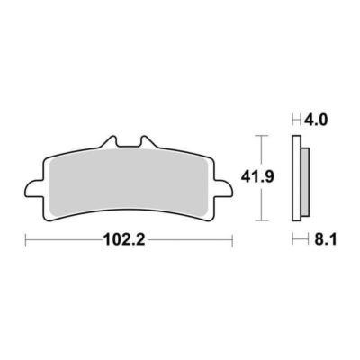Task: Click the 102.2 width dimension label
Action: (x=128, y=241)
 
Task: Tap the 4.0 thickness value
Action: (x=318, y=118)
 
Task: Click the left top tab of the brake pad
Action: (x=110, y=142)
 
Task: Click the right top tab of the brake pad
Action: (x=145, y=142)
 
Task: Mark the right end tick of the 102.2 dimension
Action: (x=232, y=240)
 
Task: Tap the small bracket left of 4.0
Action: (x=295, y=118)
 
